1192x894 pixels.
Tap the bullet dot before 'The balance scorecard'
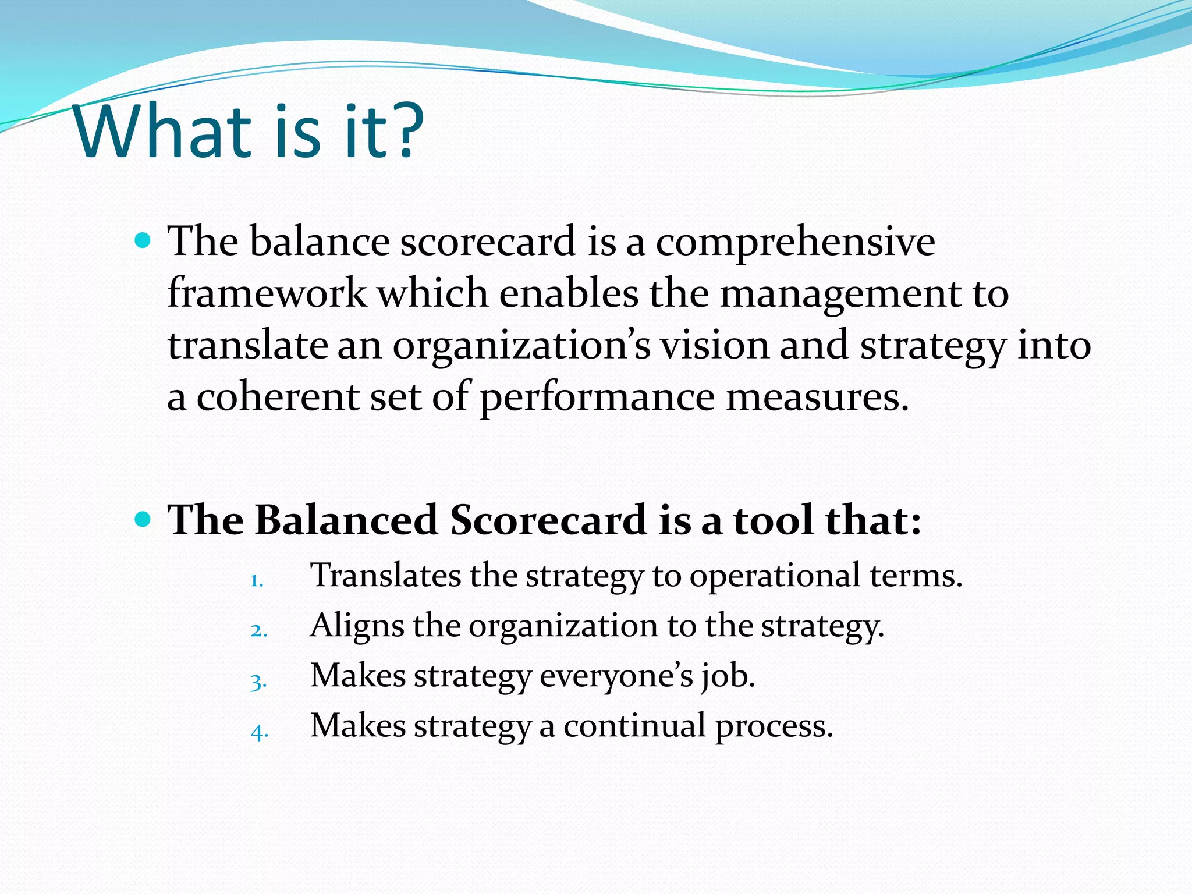[x=142, y=240]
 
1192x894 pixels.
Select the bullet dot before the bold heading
[x=142, y=518]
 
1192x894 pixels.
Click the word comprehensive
[x=795, y=242]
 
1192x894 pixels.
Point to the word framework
[x=267, y=293]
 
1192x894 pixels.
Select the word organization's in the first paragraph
[x=521, y=346]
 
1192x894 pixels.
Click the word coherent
[x=278, y=397]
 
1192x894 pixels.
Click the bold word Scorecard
[x=548, y=519]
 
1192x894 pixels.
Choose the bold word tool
[x=773, y=519]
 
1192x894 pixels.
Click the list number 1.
[x=257, y=580]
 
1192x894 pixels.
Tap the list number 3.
[x=258, y=682]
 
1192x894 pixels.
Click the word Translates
[x=385, y=575]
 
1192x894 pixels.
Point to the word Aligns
[x=357, y=626]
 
